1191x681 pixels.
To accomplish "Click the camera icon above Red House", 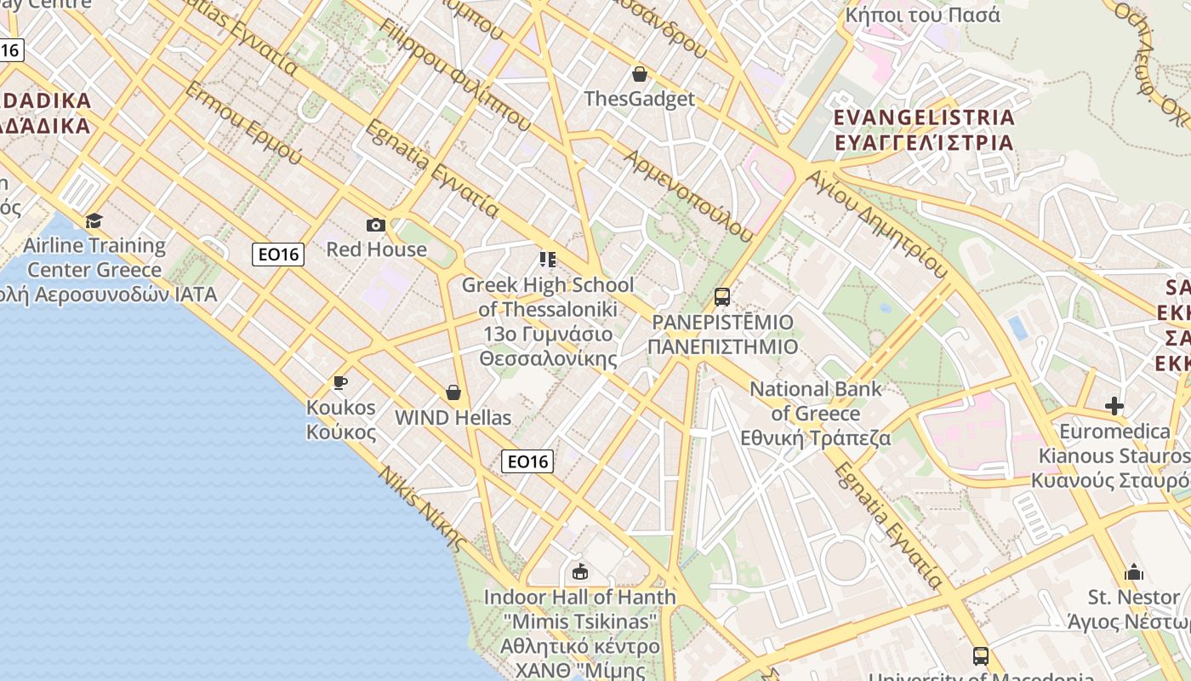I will (375, 226).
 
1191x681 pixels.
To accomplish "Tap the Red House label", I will (376, 249).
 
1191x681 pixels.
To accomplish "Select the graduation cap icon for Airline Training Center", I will (94, 221).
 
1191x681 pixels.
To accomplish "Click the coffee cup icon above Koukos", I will (340, 382).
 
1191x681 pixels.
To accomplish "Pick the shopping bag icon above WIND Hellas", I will (453, 392).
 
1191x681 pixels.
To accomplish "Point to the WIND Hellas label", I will (453, 418).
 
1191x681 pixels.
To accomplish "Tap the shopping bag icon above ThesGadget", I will (640, 74).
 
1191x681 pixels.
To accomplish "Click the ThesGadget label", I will (640, 99).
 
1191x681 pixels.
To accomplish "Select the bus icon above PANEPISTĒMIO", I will (722, 297).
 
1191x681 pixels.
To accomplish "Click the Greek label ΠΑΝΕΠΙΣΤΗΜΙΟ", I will (722, 347).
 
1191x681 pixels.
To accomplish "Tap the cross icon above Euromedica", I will (1114, 406).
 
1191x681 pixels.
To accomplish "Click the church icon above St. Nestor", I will (1134, 572).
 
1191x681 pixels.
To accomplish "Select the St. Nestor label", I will (1134, 597).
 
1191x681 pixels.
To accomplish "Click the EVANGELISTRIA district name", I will (925, 117).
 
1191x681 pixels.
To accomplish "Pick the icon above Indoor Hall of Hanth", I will (580, 571).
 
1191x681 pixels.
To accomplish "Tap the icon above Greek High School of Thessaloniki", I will (548, 259).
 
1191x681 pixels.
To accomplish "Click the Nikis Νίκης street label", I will (423, 509).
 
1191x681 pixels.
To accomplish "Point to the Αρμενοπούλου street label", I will (688, 196).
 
